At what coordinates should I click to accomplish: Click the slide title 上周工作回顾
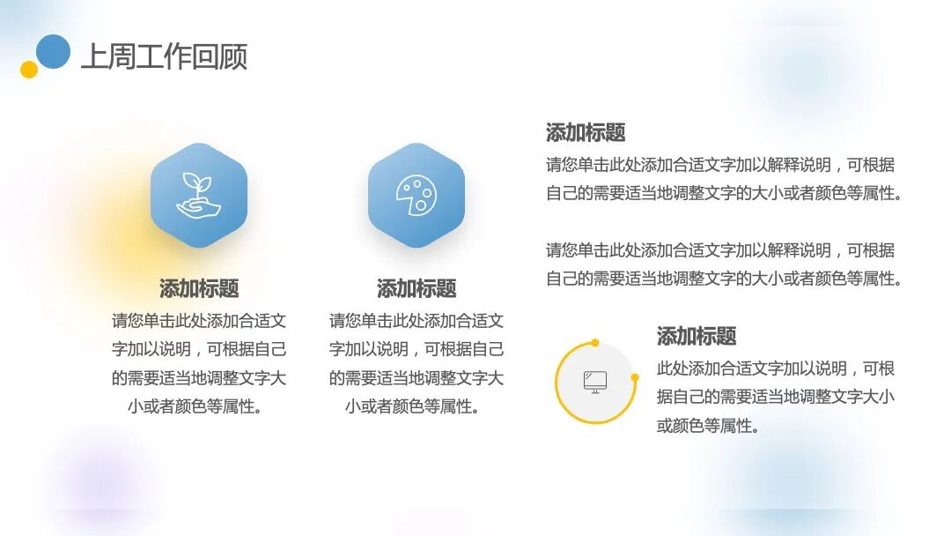click(164, 56)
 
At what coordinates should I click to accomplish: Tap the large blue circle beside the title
click(54, 51)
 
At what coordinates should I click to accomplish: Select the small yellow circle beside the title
click(29, 70)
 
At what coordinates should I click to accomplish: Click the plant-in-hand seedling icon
click(198, 195)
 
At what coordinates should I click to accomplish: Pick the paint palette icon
click(416, 195)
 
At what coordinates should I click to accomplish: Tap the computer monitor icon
click(595, 382)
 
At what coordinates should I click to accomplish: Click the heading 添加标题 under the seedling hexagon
click(199, 288)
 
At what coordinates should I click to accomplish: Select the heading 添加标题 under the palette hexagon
click(417, 288)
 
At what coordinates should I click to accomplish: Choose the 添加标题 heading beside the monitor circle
click(696, 336)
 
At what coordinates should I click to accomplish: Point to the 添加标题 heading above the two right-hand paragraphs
click(586, 133)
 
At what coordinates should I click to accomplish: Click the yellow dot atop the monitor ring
click(595, 342)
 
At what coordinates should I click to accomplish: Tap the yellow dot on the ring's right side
click(635, 377)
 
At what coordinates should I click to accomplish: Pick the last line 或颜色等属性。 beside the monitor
click(708, 426)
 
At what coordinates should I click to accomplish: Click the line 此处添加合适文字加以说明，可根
click(776, 368)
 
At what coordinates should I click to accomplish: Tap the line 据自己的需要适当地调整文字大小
click(776, 397)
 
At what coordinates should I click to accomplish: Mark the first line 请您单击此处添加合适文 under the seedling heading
click(199, 321)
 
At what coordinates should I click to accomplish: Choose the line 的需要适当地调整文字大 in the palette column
click(417, 378)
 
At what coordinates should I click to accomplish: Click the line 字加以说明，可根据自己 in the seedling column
click(199, 349)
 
